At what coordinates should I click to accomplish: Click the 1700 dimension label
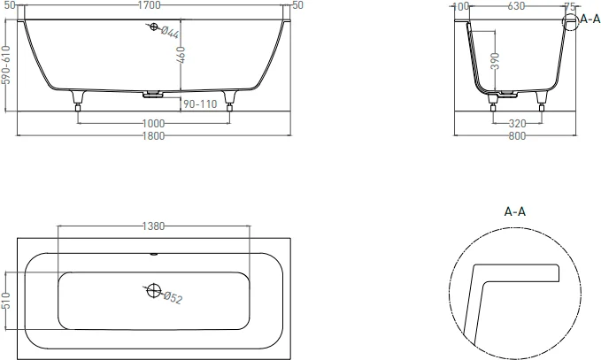coord(149,5)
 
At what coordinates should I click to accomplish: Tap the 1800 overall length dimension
coord(153,136)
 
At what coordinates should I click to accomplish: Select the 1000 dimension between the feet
coord(153,124)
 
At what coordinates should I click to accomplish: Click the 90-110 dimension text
coord(200,103)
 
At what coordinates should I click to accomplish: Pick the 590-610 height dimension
coord(5,65)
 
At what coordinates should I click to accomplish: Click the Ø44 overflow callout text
coord(170,32)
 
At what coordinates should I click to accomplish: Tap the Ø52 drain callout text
coord(173,298)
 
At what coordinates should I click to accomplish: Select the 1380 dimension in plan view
coord(153,226)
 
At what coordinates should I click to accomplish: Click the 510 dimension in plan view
coord(5,301)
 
